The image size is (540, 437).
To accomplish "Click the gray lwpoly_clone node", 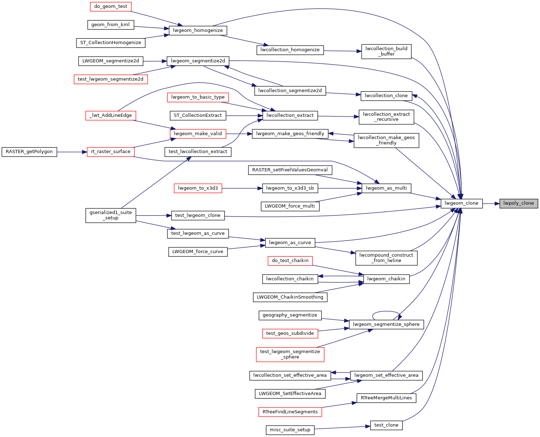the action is [x=518, y=203].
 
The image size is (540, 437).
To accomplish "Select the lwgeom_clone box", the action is [x=462, y=203].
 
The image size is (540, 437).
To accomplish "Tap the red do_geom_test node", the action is [x=110, y=6].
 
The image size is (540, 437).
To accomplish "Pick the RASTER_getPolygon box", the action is [x=29, y=152].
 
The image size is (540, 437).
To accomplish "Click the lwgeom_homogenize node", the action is [x=198, y=31].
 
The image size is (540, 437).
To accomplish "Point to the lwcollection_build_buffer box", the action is [x=386, y=52].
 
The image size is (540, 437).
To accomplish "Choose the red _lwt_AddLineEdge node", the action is [x=110, y=116].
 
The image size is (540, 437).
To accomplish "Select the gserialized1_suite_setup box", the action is [x=110, y=215].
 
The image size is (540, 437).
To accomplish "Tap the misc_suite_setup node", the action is [x=290, y=430].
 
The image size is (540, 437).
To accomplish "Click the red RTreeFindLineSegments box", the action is [x=290, y=412].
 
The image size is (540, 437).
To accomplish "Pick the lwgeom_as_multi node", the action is [x=386, y=188].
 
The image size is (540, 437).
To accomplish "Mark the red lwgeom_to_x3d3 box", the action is [x=198, y=188].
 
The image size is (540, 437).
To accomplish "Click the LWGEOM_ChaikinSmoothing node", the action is [x=290, y=297].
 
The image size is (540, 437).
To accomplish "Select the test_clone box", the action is [x=386, y=425].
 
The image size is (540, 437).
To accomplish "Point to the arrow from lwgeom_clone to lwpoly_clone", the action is [x=491, y=204].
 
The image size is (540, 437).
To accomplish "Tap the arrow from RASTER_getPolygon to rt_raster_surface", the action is [x=72, y=152].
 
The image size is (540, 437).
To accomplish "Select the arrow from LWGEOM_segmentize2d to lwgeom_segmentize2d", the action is [x=155, y=61].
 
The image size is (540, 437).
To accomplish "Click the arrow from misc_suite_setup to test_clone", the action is [x=342, y=428].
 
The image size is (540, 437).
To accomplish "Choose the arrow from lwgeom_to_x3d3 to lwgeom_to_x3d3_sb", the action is [x=242, y=188].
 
